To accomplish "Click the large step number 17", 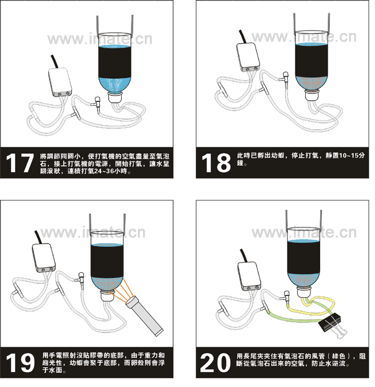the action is (20, 163).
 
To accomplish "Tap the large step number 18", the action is (216, 163).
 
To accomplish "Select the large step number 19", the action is (20, 362).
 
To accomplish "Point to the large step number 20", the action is (215, 362).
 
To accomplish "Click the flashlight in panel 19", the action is (145, 316).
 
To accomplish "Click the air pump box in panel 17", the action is (60, 82).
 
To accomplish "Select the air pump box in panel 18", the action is (248, 57).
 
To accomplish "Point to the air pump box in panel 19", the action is (44, 258).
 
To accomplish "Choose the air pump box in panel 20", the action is (249, 276).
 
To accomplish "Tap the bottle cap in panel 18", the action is (312, 95).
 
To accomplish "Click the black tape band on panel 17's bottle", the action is (115, 62).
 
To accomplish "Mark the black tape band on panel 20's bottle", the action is (304, 258).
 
